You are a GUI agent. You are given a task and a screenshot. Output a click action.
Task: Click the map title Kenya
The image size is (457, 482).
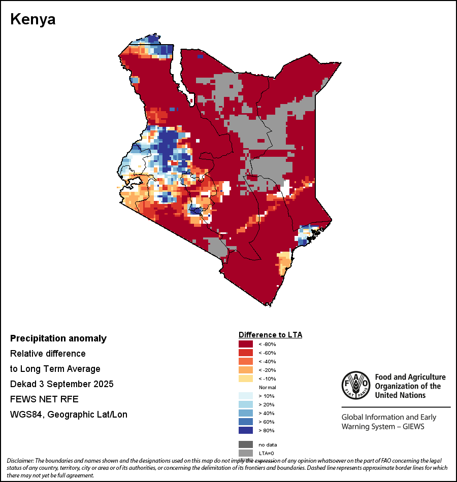pyautogui.click(x=33, y=20)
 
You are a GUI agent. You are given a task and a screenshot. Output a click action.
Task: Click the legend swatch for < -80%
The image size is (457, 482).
pyautogui.click(x=246, y=345)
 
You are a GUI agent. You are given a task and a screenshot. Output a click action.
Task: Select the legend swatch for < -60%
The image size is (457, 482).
pyautogui.click(x=246, y=353)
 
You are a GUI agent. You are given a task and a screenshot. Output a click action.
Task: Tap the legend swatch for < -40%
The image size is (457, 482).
pyautogui.click(x=246, y=362)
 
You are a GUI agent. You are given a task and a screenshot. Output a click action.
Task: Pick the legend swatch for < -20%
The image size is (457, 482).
pyautogui.click(x=246, y=370)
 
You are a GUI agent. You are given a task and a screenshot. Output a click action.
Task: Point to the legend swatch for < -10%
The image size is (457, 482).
pyautogui.click(x=246, y=379)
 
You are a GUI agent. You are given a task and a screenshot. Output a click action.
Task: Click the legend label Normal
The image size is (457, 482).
pyautogui.click(x=267, y=388)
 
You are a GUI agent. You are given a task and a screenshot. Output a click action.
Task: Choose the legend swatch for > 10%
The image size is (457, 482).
pyautogui.click(x=246, y=396)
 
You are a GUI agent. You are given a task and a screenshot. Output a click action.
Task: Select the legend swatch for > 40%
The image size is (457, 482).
pyautogui.click(x=246, y=414)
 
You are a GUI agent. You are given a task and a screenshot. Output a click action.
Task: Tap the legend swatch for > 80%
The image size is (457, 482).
pyautogui.click(x=246, y=431)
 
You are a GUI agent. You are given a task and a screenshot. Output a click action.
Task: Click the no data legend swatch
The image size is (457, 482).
pyautogui.click(x=246, y=444)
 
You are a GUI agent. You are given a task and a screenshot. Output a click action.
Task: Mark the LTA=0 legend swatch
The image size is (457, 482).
pyautogui.click(x=246, y=453)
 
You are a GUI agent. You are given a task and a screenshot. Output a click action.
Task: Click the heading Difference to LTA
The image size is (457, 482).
pyautogui.click(x=270, y=335)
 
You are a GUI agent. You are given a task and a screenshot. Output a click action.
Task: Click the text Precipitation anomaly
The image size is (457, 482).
pyautogui.click(x=58, y=338)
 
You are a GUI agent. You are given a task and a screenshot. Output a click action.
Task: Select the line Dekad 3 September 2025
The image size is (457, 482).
pyautogui.click(x=61, y=384)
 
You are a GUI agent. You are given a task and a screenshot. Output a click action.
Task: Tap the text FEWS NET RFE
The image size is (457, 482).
pyautogui.click(x=44, y=399)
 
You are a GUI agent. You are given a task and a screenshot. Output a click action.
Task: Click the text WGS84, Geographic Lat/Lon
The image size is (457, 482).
pyautogui.click(x=69, y=415)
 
